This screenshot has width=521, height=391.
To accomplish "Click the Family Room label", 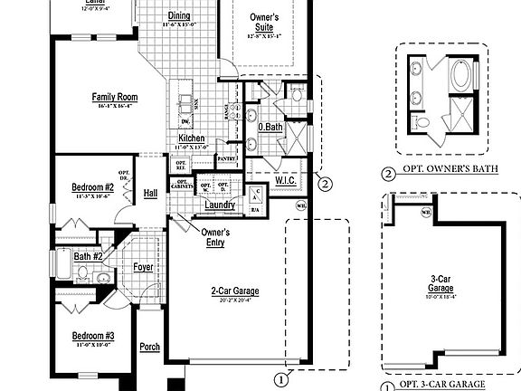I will (114, 97).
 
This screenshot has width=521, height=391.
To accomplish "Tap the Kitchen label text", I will (191, 138).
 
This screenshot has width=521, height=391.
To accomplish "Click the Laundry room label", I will (220, 205).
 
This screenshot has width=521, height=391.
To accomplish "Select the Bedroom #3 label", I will (93, 336).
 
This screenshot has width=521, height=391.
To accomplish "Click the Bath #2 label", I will (88, 256).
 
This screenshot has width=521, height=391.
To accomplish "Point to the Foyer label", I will (144, 267).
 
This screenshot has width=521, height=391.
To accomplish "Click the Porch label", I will (150, 347).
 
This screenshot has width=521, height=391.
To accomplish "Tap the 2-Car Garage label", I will (235, 291).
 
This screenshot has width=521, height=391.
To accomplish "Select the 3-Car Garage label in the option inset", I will (440, 284).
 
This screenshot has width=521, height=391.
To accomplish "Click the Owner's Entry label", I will (215, 237).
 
